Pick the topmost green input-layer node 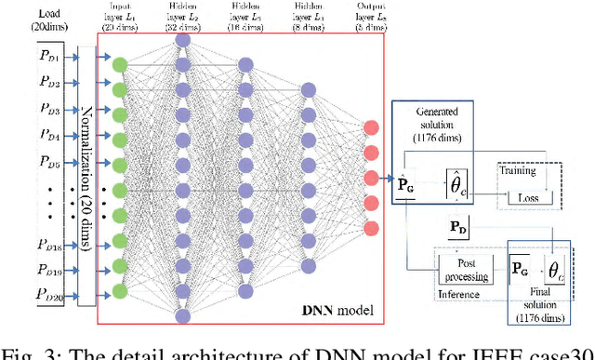coord(119,64)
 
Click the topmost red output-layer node coord(372,127)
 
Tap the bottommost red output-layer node coord(372,228)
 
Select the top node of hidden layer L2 coord(182,40)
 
